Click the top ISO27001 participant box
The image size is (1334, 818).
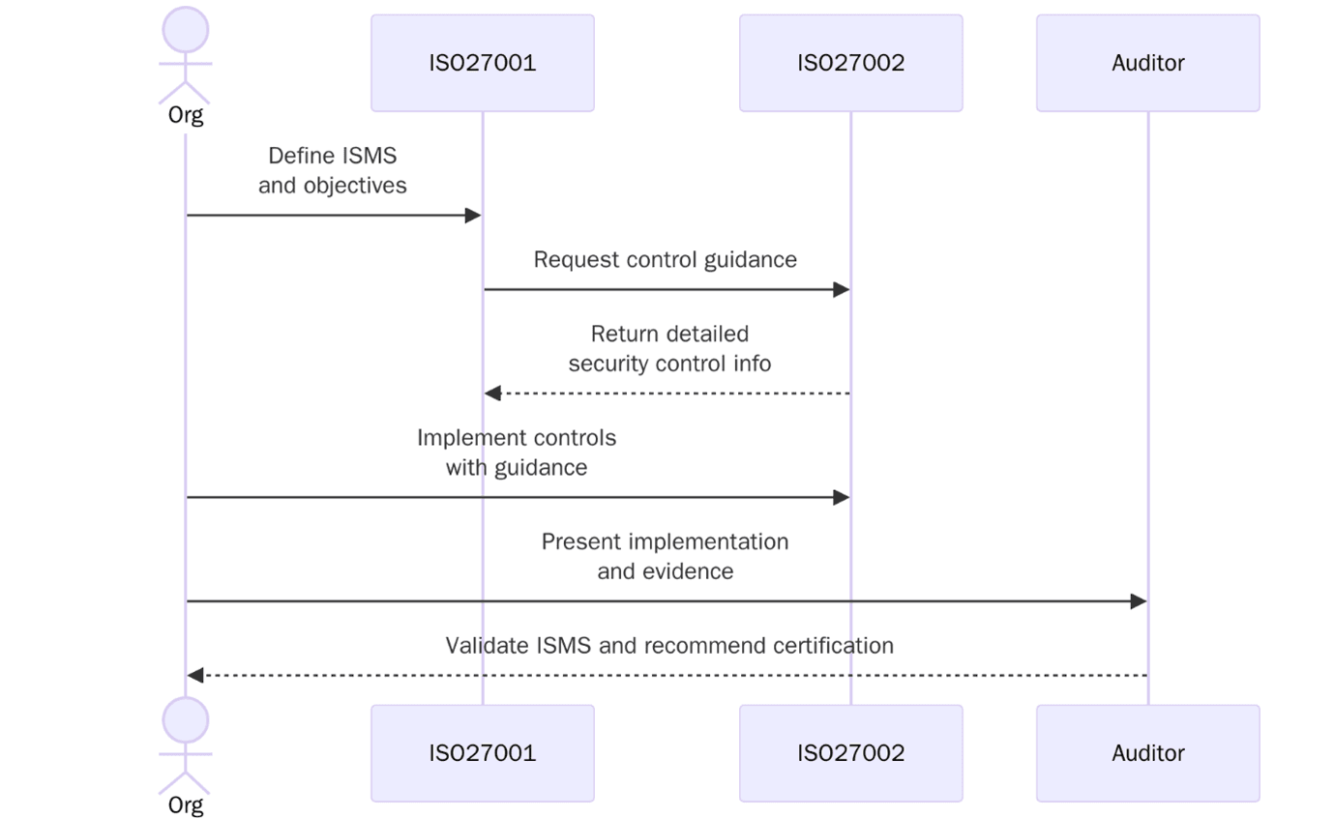click(x=482, y=63)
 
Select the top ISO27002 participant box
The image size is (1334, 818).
click(x=850, y=63)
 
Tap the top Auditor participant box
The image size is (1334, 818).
click(x=1147, y=63)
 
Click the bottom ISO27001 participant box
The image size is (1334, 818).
click(x=482, y=753)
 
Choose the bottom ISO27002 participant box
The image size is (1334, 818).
click(x=850, y=753)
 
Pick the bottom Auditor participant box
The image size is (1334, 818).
click(x=1147, y=753)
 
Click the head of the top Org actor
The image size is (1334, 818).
click(x=186, y=30)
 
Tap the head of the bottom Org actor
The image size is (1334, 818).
click(x=186, y=720)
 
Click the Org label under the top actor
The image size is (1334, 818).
click(x=186, y=115)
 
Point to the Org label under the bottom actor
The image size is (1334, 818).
click(x=186, y=804)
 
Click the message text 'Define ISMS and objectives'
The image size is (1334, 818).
click(x=332, y=170)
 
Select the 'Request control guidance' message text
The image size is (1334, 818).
click(x=665, y=259)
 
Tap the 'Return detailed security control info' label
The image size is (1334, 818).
click(x=669, y=348)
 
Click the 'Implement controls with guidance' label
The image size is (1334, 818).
click(x=517, y=452)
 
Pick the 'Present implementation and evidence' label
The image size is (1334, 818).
click(x=665, y=556)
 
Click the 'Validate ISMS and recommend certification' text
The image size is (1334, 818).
click(x=669, y=645)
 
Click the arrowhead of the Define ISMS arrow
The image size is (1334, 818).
click(x=473, y=215)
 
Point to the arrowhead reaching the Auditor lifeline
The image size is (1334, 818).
click(x=1139, y=601)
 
